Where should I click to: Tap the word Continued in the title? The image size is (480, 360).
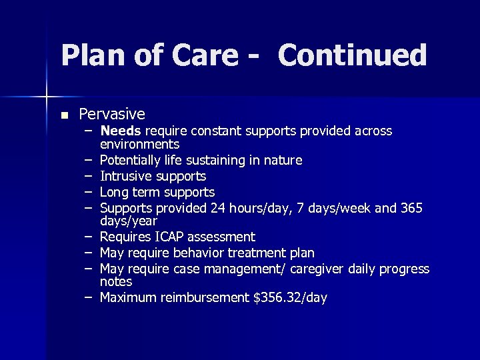click(x=352, y=55)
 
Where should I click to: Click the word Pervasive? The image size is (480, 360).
click(x=112, y=114)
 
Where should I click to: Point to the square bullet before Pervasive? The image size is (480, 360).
click(x=63, y=115)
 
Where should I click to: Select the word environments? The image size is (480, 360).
click(x=139, y=144)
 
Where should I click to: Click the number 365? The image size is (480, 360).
click(x=411, y=208)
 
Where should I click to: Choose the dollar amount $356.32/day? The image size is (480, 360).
click(x=290, y=297)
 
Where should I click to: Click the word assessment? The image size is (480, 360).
click(x=223, y=237)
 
